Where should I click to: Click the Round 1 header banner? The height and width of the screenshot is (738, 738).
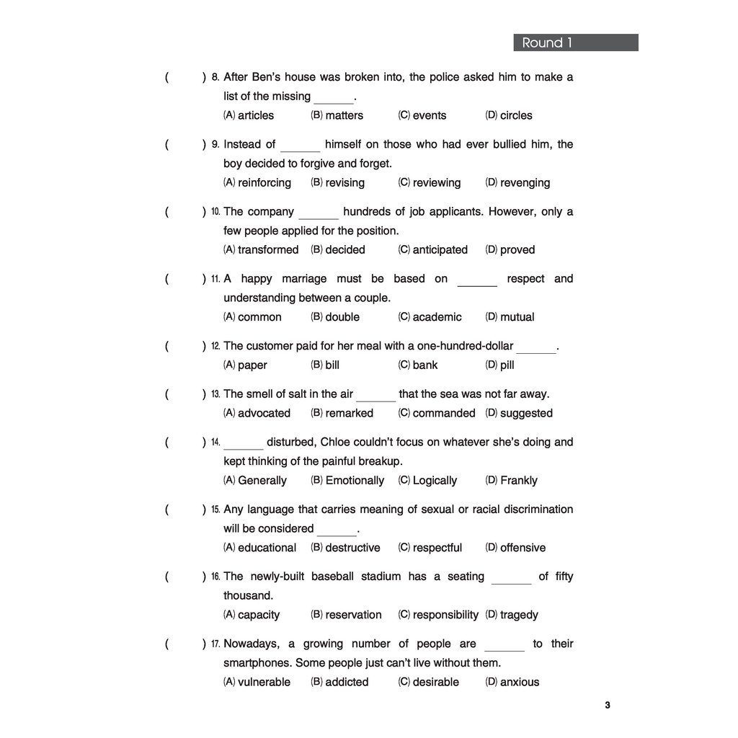click(575, 43)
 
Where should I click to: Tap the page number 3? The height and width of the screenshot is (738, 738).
click(608, 705)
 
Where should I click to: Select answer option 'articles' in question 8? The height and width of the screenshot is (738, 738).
click(256, 115)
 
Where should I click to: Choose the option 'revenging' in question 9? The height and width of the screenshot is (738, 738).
click(525, 182)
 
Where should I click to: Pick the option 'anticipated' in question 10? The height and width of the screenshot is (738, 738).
click(440, 249)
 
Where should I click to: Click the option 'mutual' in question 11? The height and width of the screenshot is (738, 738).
click(517, 317)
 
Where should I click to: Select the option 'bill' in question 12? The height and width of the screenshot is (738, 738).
click(332, 365)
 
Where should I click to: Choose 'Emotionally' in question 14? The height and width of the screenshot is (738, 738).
click(355, 480)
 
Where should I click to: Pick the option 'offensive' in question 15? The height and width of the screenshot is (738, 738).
click(523, 548)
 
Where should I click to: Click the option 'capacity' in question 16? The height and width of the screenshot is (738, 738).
click(259, 615)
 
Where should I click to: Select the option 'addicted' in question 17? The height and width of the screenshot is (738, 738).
click(347, 682)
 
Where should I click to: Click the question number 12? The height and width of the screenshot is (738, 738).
click(215, 347)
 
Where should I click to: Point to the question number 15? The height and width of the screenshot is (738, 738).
click(215, 510)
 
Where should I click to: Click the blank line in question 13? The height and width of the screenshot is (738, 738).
click(375, 400)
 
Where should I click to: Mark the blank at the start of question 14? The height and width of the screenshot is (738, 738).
click(243, 448)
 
